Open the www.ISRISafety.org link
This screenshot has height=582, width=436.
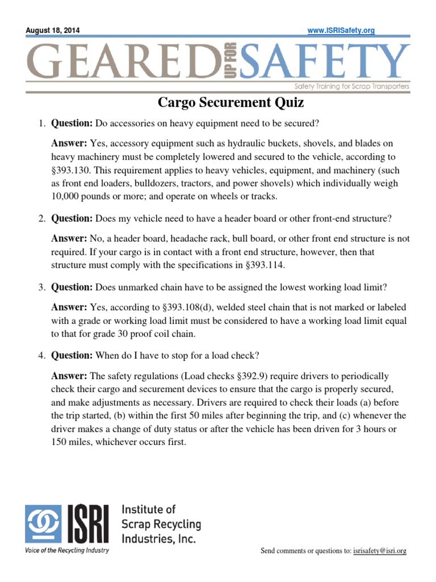pyautogui.click(x=341, y=31)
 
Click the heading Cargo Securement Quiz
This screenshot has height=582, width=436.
pyautogui.click(x=230, y=103)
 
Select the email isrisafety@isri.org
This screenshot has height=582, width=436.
pyautogui.click(x=380, y=551)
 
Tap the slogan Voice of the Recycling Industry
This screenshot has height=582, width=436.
pyautogui.click(x=67, y=550)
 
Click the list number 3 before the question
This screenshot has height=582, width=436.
pyautogui.click(x=41, y=288)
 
